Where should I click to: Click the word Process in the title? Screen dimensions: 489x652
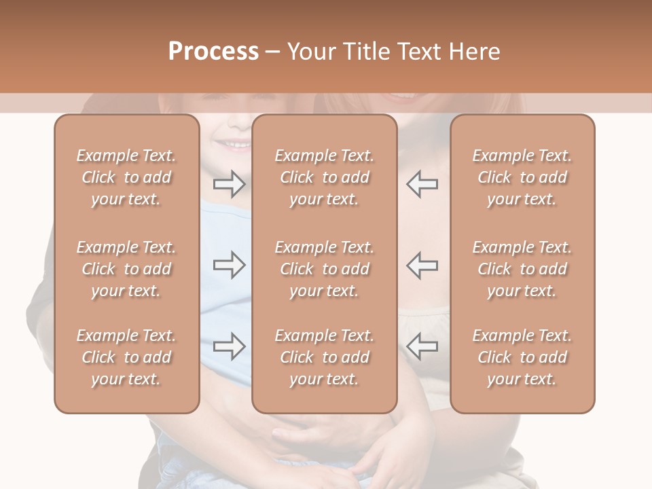tap(213, 51)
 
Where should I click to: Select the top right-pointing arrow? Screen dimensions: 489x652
tap(229, 183)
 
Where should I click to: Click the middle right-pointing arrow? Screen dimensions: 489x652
tap(229, 266)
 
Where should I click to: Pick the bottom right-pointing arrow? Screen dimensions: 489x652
tap(229, 346)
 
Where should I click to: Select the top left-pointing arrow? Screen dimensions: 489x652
tap(422, 183)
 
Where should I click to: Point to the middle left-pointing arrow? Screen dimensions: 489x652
tap(422, 266)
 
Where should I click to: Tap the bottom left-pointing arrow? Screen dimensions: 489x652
tap(422, 346)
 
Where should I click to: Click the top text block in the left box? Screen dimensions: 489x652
tap(126, 177)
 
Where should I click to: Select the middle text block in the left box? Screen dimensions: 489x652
tap(126, 269)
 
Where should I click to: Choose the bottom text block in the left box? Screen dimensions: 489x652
tap(126, 357)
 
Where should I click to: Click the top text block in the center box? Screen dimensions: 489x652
tap(324, 177)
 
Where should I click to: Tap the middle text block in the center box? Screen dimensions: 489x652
tap(324, 269)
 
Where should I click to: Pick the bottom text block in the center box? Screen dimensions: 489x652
tap(324, 357)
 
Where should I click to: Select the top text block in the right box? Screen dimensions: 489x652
tap(522, 177)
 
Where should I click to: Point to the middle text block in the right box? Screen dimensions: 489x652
tap(522, 269)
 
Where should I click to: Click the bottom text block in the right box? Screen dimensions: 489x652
tap(522, 357)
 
